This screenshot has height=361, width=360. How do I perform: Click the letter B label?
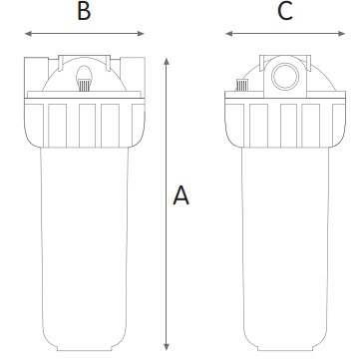(x=84, y=12)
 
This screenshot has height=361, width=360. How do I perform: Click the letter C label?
(x=285, y=12)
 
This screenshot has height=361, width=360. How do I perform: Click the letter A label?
(x=181, y=195)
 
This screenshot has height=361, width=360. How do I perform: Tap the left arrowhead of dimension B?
(x=28, y=34)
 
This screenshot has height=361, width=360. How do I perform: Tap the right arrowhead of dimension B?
(x=141, y=34)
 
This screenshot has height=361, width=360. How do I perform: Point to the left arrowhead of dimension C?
(x=229, y=34)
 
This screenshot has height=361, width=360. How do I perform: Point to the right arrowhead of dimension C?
(x=342, y=34)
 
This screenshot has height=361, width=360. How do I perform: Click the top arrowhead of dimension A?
(x=167, y=62)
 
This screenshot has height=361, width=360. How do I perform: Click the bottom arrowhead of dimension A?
(x=167, y=347)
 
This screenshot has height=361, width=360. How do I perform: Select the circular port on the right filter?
(x=285, y=77)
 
